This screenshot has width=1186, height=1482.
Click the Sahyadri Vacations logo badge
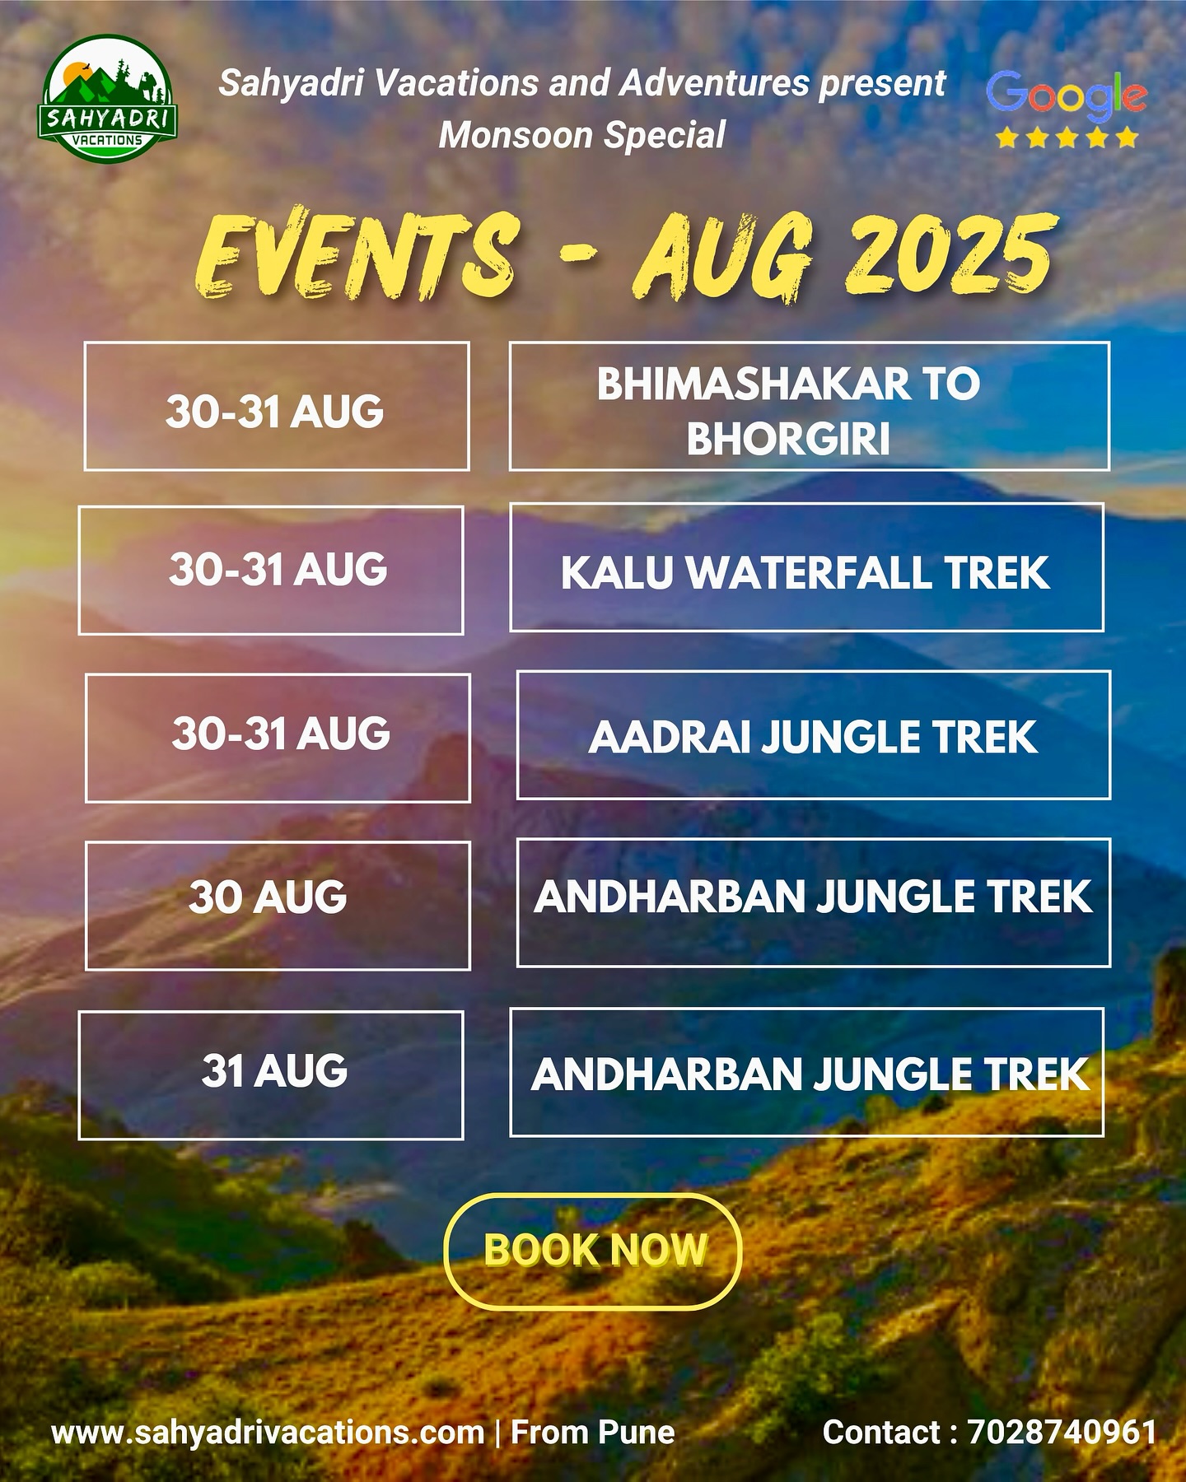tap(107, 98)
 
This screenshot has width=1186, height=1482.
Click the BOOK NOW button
tap(593, 1251)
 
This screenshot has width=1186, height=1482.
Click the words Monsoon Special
tap(582, 135)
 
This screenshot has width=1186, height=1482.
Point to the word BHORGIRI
tap(788, 438)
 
